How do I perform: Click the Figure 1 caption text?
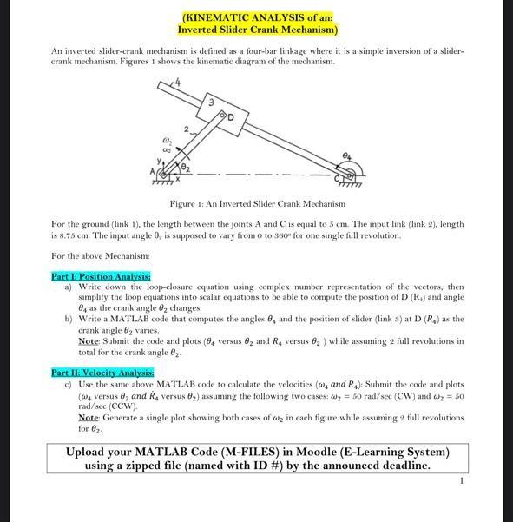pos(257,203)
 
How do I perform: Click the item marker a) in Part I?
pos(69,286)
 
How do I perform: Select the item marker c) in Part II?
pos(69,383)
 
